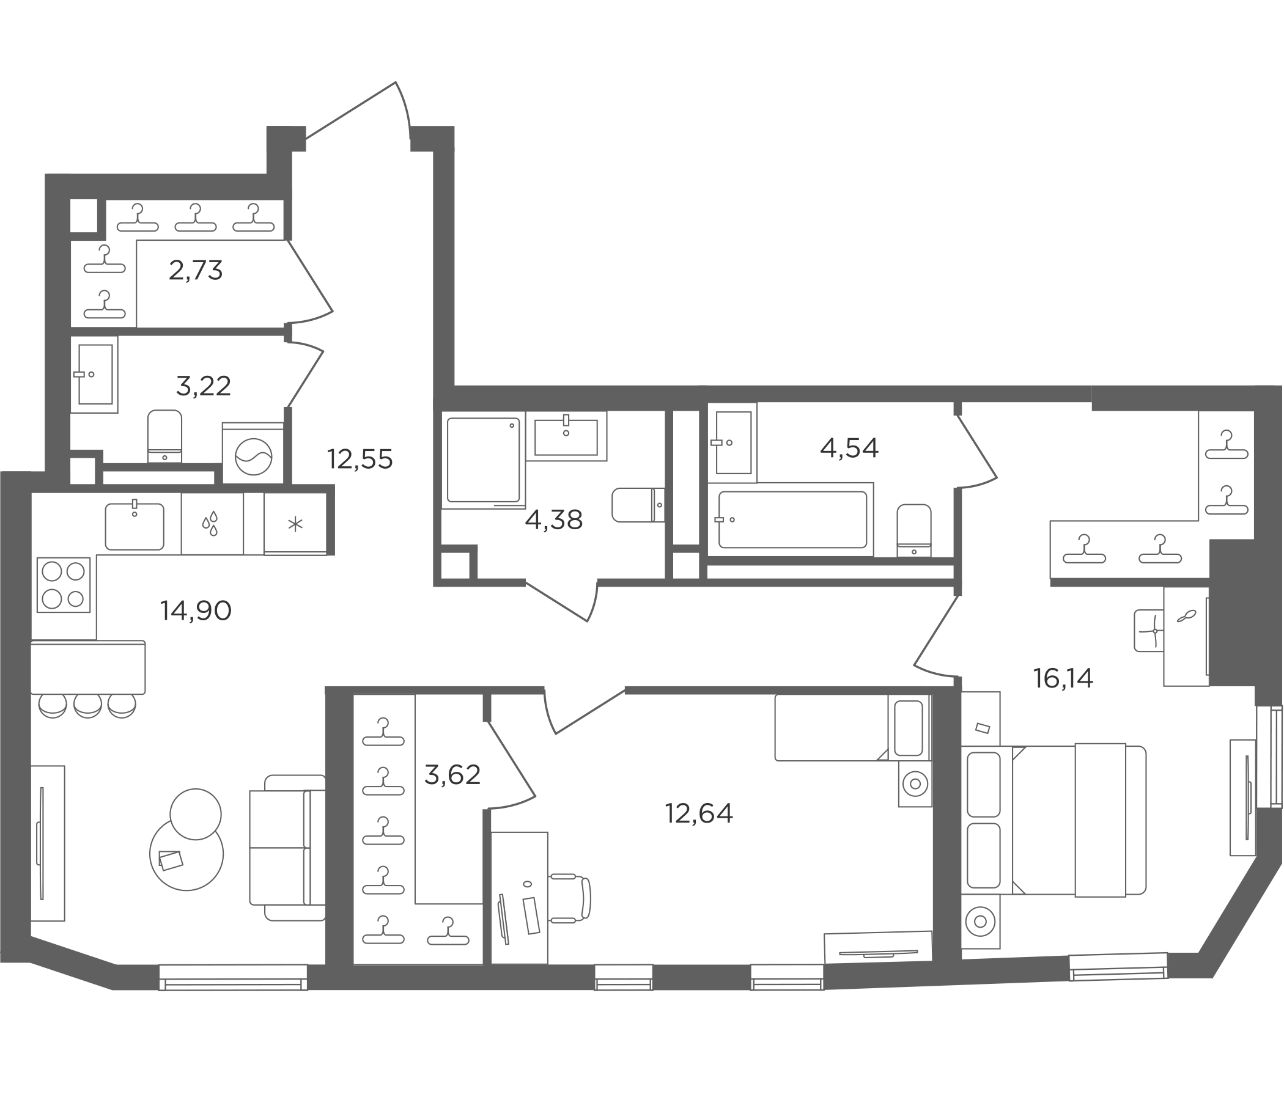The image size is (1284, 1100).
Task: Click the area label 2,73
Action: click(195, 271)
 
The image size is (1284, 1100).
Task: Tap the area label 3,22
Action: click(203, 386)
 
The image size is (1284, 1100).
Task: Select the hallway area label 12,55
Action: click(360, 460)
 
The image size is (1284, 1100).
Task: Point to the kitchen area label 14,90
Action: click(196, 611)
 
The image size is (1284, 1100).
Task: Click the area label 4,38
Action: click(553, 520)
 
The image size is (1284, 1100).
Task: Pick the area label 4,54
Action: click(849, 448)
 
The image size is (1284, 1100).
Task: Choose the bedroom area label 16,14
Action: click(1063, 679)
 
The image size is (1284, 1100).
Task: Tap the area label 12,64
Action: click(699, 813)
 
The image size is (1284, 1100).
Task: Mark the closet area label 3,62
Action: click(452, 775)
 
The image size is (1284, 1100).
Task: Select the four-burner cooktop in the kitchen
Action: click(64, 585)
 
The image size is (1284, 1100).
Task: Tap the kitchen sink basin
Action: click(135, 526)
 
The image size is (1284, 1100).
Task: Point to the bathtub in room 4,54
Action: click(792, 519)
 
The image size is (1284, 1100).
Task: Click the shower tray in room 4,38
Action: click(484, 460)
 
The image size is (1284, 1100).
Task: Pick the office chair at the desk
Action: click(569, 898)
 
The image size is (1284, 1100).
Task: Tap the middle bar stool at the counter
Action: click(87, 705)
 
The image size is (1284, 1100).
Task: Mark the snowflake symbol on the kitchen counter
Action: click(295, 524)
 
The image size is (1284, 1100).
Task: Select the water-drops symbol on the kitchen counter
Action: click(211, 523)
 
